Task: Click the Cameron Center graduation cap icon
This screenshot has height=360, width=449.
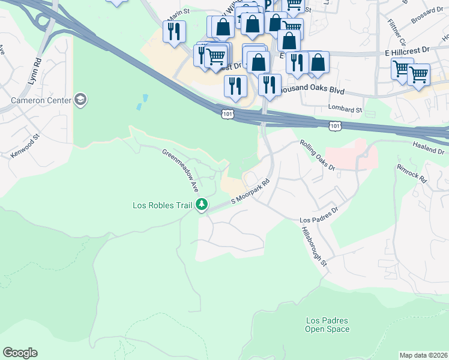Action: coord(80,100)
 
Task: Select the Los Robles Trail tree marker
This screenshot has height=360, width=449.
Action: coord(202,205)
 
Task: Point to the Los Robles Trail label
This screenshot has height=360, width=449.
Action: coord(162,205)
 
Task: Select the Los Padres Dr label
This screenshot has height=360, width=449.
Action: coord(319,215)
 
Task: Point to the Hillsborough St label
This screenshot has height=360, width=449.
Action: coord(314,247)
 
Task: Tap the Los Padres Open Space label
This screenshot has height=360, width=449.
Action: coord(327,325)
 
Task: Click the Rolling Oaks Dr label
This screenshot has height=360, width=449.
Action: coord(317,155)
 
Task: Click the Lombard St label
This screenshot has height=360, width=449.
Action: coord(345,110)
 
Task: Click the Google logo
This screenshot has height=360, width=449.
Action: coord(20,353)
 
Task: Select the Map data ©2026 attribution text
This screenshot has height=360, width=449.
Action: coord(423,355)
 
